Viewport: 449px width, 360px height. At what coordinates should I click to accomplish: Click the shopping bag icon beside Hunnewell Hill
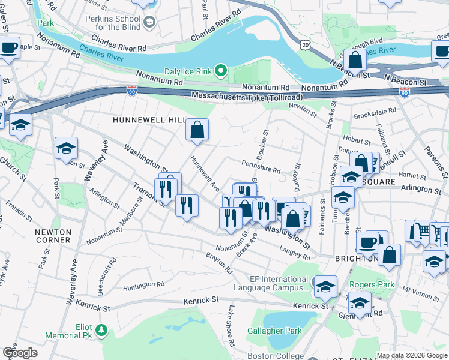(x=197, y=129)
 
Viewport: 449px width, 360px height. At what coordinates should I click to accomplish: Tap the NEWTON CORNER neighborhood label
(x=53, y=236)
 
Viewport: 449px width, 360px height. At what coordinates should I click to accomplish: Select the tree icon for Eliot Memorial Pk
(x=101, y=329)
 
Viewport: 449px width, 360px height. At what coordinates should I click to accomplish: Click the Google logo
(x=20, y=353)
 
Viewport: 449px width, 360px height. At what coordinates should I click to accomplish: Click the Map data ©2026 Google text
(x=412, y=355)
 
